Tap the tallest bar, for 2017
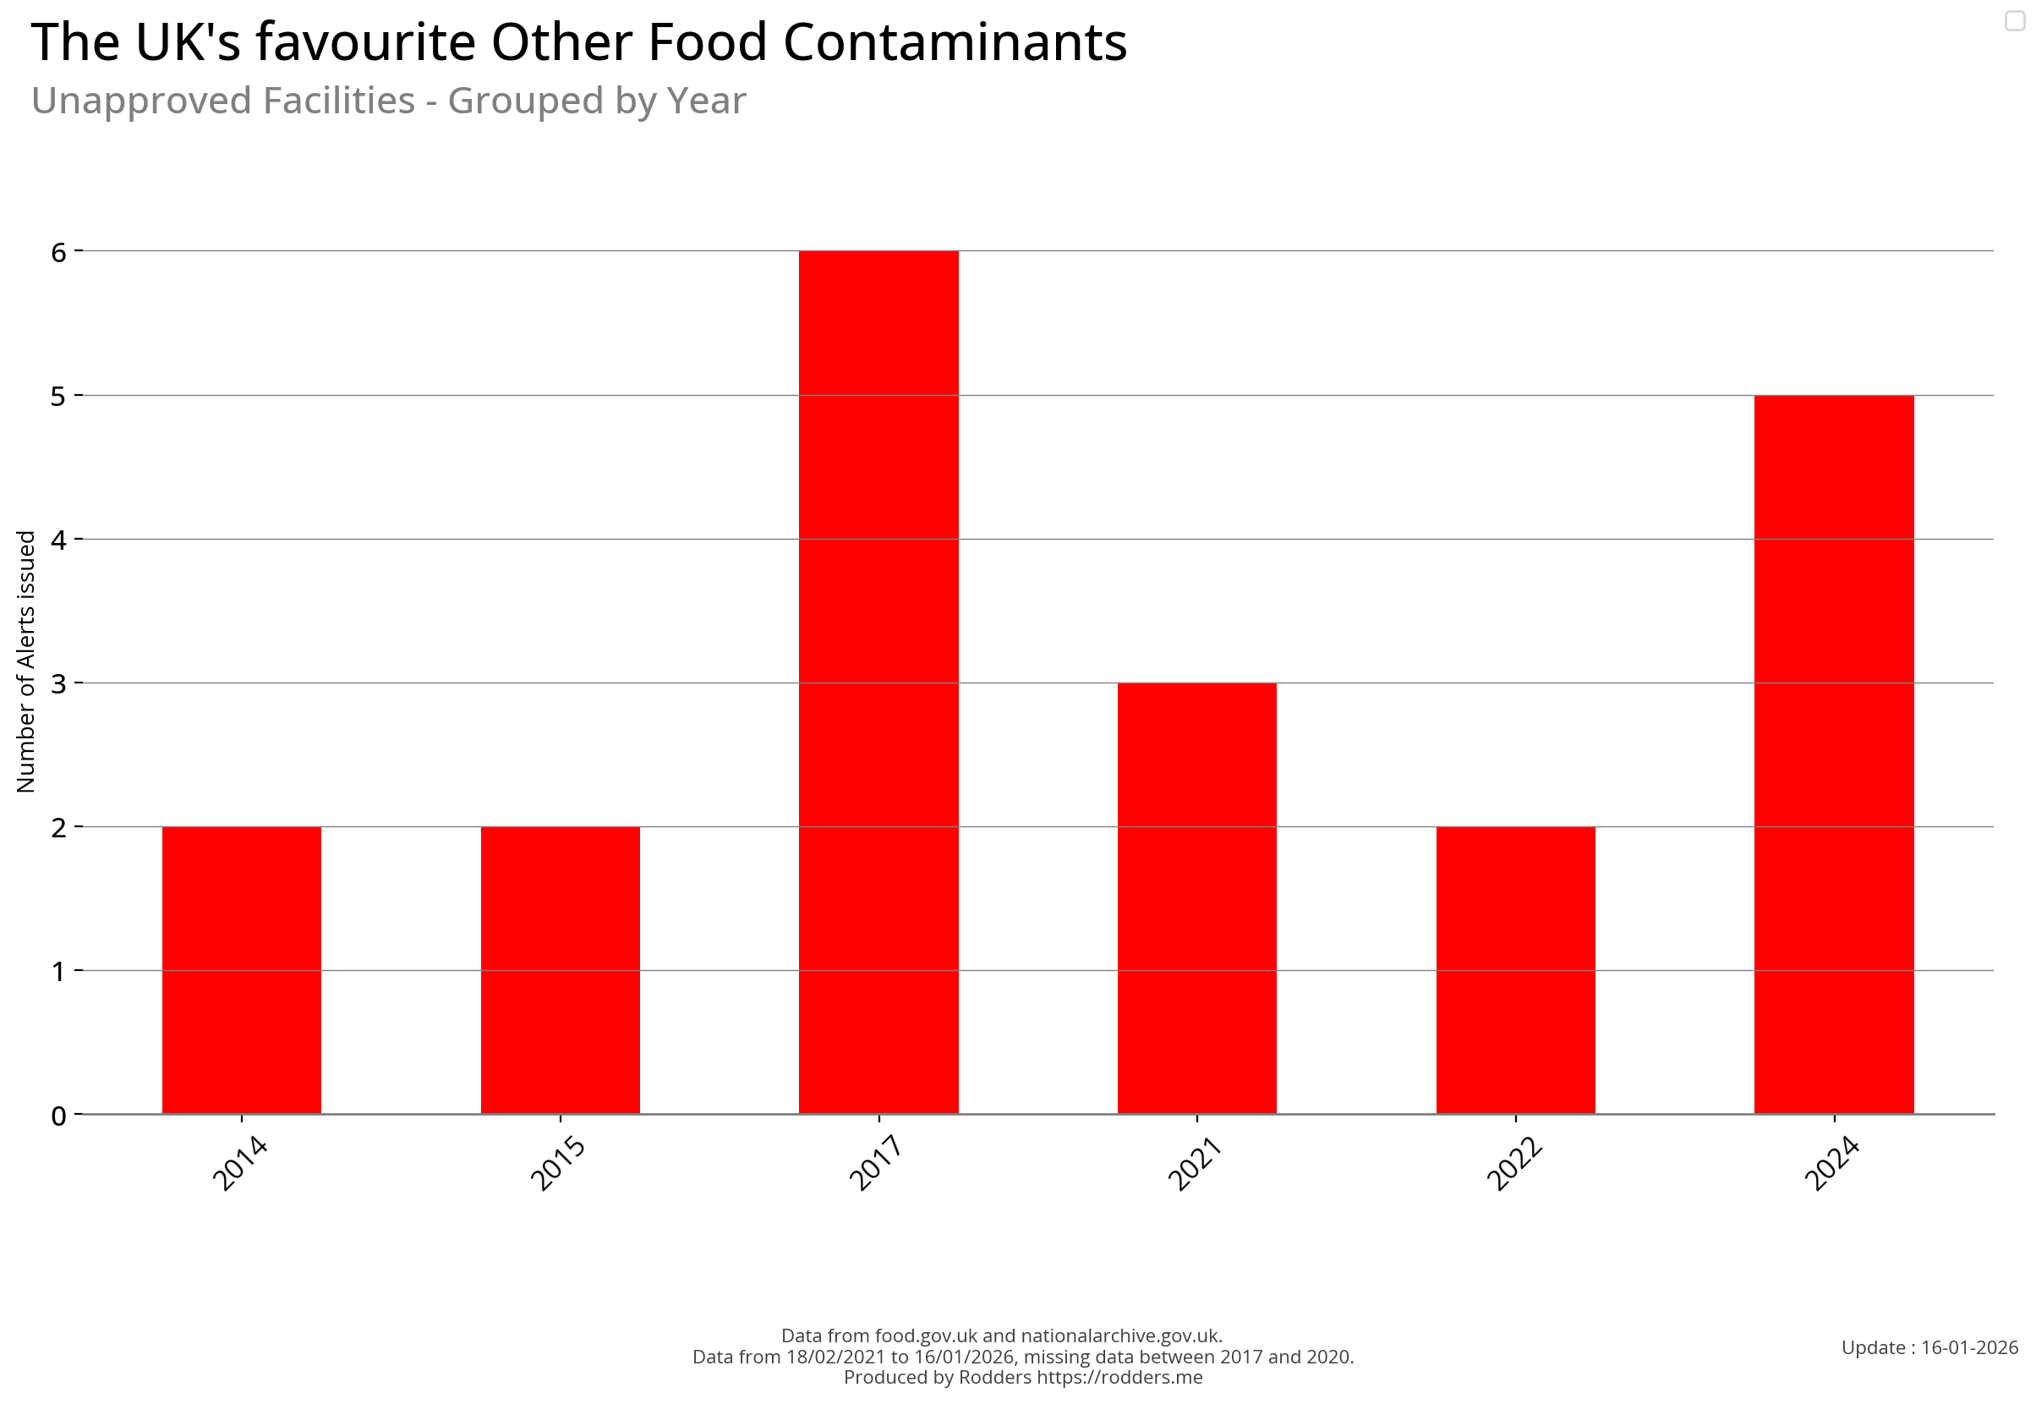click(878, 682)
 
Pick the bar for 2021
click(1196, 897)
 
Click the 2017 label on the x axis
click(876, 1162)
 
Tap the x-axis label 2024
click(1831, 1162)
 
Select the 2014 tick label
click(239, 1162)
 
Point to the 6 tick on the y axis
click(59, 253)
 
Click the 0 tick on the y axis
click(59, 1116)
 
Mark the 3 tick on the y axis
click(59, 683)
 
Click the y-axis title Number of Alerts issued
click(26, 661)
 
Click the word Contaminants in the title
click(955, 42)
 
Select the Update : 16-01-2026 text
click(1929, 1347)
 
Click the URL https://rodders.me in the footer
click(1119, 1378)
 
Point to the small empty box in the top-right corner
click(2014, 20)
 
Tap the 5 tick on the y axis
click(59, 396)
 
